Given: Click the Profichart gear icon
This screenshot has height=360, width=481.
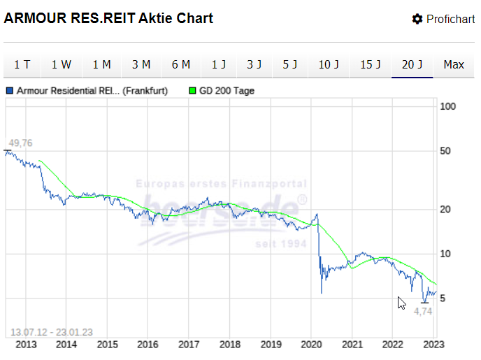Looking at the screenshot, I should coord(417,19).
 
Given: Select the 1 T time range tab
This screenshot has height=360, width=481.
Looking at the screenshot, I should coord(22,65).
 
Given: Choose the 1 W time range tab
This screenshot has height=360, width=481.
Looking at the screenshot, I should coord(62,65).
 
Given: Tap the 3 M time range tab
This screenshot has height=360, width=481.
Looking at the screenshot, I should coord(141,65).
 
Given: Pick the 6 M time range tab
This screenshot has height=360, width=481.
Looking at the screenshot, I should coord(180,65).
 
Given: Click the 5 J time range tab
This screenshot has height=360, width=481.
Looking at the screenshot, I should coord(291,65).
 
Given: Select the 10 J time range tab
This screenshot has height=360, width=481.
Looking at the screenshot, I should coord(329,65).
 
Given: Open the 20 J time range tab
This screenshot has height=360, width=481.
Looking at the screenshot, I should coord(412,65).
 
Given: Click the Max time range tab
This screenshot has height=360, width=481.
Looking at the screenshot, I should coord(454,65).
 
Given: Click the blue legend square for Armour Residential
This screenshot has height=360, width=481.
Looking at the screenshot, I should coord(10,91).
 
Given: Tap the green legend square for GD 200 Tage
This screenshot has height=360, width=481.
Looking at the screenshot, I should coord(193,91).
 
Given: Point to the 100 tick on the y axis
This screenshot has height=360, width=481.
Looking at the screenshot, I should coord(447,106).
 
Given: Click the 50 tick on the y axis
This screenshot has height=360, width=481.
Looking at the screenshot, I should coord(447,151).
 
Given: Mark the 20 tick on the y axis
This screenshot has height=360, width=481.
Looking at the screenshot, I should coord(447,210).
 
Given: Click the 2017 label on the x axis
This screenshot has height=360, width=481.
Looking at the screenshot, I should coord(189,344).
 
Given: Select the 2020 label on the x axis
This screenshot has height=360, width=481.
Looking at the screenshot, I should coord(311,344).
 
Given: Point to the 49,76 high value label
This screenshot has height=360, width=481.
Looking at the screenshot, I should coord(20,143).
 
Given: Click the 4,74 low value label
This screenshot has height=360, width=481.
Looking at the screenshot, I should coord(424,311).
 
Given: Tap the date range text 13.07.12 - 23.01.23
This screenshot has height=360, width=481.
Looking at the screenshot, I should coord(51,332).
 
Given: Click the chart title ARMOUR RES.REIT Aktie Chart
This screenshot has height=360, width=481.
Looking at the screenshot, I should coord(108,18).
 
